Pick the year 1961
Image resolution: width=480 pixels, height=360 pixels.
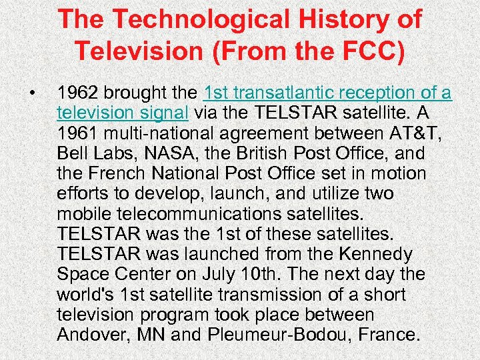pyautogui.click(x=77, y=134)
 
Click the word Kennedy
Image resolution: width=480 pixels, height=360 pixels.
pyautogui.click(x=385, y=254)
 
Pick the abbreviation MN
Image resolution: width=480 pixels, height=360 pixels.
pyautogui.click(x=151, y=334)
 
